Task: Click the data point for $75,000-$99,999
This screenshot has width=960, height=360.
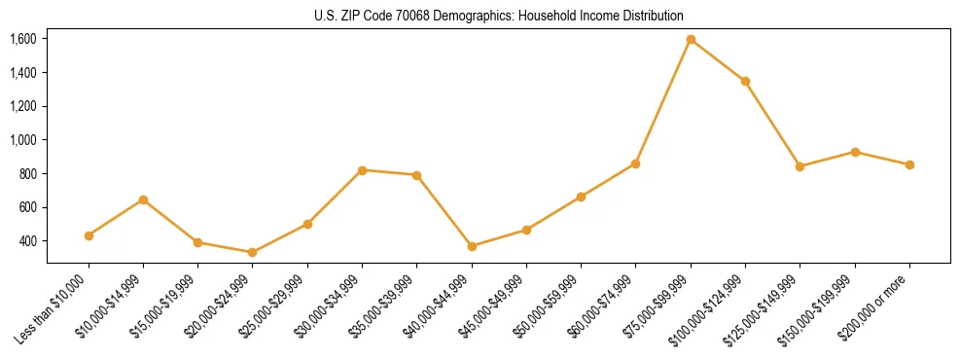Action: pos(691,40)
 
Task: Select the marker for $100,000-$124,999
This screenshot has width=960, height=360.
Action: pos(745,81)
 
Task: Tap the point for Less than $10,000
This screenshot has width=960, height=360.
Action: pos(89,235)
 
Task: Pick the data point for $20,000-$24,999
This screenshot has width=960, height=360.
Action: pos(253,252)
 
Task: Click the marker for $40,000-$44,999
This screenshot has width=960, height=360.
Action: pos(472,246)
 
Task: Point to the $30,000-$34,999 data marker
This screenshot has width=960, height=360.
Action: pos(362,170)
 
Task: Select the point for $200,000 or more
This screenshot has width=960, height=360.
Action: pos(909,164)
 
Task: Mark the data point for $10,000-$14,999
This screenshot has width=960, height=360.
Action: pos(143,199)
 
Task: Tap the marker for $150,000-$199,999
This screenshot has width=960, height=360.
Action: pos(855,152)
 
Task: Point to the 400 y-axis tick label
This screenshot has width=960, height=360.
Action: pos(27,241)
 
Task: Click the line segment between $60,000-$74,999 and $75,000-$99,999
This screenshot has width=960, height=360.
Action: pos(663,101)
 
